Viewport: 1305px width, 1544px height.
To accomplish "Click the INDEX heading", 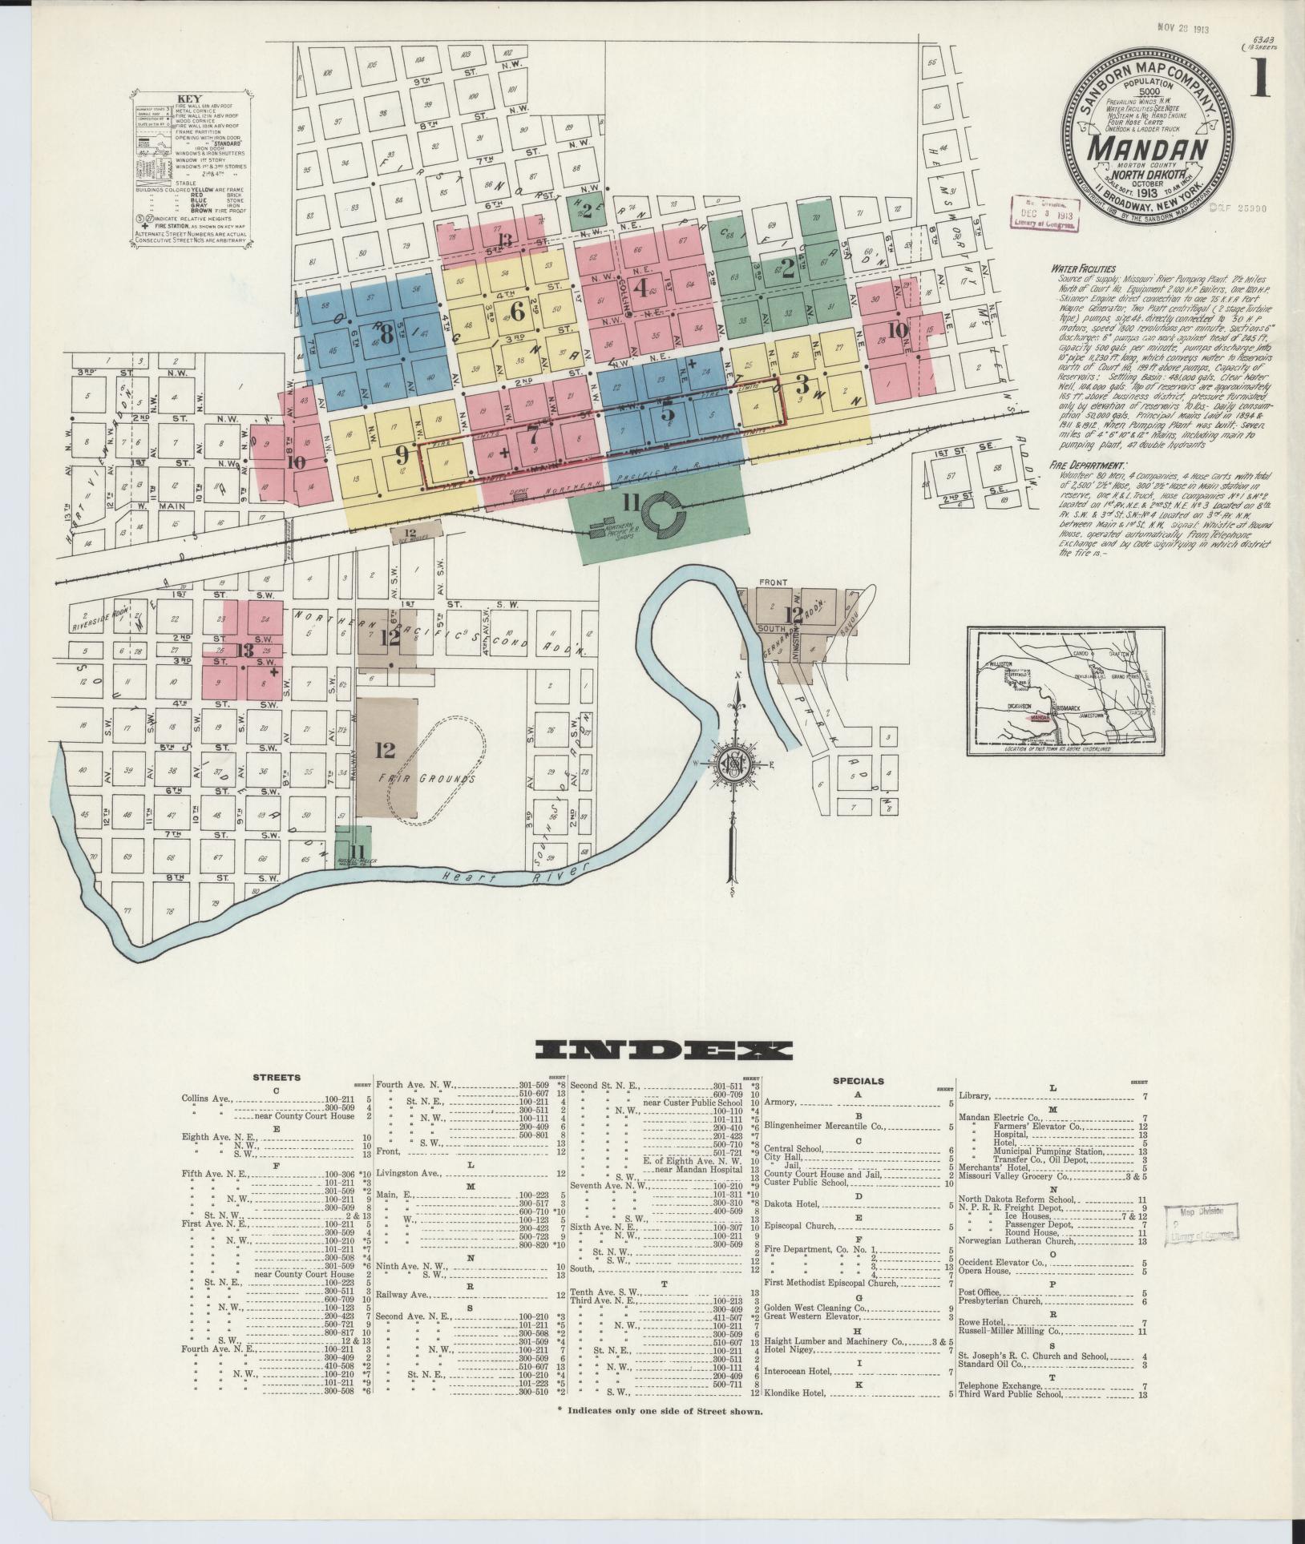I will click(662, 1050).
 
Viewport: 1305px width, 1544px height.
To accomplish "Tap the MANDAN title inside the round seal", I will click(1149, 150).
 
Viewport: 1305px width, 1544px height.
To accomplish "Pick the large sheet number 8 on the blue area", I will click(386, 335).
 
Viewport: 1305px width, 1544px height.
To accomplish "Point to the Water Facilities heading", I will click(1085, 269).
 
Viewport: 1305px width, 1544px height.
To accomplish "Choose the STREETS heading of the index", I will click(277, 1078).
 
